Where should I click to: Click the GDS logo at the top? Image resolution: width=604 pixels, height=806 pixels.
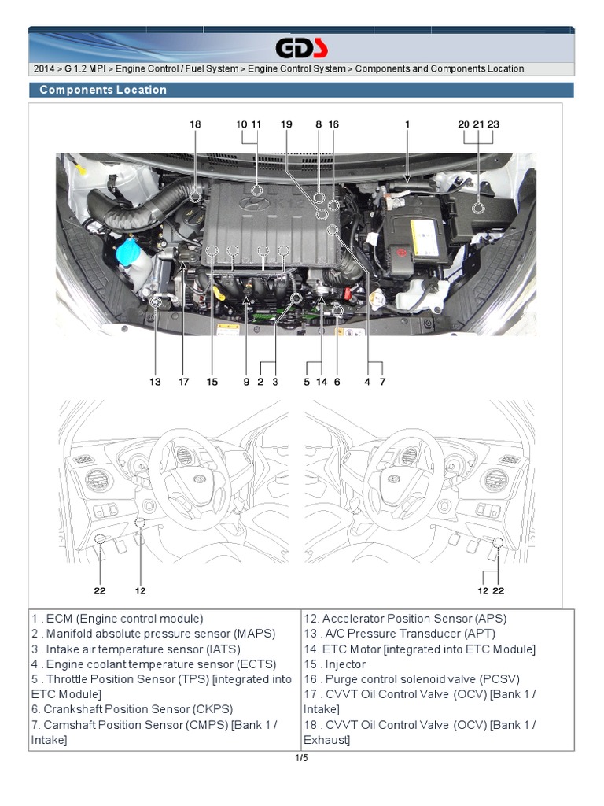[301, 49]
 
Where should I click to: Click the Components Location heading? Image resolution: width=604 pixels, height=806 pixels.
[103, 90]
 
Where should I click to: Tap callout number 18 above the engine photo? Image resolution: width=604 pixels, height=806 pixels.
[195, 124]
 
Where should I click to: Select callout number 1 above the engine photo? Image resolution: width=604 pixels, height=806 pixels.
[407, 124]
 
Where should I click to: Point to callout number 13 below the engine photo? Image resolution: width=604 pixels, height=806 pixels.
[156, 382]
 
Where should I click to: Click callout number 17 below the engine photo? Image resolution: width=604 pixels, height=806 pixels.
[183, 382]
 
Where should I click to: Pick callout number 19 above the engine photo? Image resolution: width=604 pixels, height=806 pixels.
[286, 124]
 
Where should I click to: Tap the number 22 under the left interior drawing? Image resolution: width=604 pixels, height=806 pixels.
[100, 590]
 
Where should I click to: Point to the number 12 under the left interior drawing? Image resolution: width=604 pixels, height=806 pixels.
[140, 590]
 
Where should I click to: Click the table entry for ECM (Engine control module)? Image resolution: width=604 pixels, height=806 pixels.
[118, 619]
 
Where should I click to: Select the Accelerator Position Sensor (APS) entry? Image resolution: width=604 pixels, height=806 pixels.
[405, 619]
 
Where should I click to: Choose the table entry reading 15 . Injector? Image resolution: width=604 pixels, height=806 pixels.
[334, 664]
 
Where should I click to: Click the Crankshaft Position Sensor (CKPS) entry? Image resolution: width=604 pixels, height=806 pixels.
[132, 709]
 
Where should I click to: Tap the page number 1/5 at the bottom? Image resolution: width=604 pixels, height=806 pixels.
[301, 758]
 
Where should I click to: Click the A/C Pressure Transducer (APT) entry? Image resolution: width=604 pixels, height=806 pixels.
[400, 634]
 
